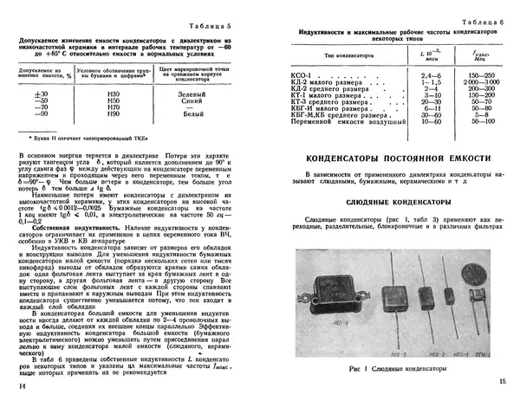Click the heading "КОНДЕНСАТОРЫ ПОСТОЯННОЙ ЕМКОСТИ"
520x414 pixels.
pos(397,159)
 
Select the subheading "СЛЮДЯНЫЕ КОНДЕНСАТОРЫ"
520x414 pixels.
pos(397,201)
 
